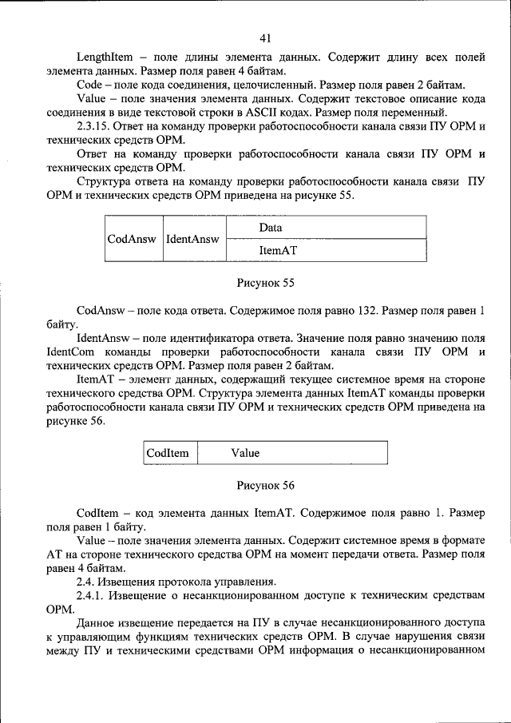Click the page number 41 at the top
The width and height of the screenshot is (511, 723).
[x=266, y=38]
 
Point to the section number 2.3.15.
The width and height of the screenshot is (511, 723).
[x=94, y=126]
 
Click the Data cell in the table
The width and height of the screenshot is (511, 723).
[x=271, y=228]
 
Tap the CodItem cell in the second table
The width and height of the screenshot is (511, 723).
[x=168, y=453]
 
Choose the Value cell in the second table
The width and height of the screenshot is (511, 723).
[x=245, y=453]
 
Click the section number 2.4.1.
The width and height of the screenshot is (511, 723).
[x=91, y=595]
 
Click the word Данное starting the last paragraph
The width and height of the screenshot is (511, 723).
[x=97, y=622]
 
